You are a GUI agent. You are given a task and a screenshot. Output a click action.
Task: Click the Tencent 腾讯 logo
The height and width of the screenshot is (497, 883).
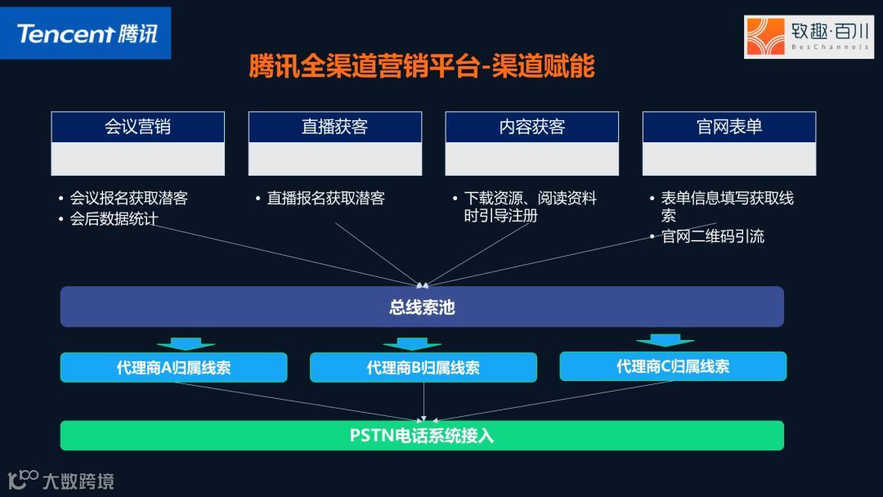(x=86, y=34)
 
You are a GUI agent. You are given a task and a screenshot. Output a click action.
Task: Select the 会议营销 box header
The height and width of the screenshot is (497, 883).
(x=137, y=127)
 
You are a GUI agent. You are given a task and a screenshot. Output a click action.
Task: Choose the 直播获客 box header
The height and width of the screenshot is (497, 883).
(x=334, y=127)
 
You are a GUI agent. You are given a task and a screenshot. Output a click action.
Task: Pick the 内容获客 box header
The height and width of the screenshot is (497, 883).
(x=531, y=127)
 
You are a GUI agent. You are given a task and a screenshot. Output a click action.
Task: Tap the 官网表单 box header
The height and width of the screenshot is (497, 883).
(x=728, y=127)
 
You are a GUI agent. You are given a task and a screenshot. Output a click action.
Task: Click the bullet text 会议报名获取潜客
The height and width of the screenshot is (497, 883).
(x=128, y=199)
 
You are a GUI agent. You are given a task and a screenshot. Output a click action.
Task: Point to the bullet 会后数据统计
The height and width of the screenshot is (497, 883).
(x=114, y=218)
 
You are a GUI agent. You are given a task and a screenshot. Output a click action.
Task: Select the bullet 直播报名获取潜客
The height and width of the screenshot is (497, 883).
(x=325, y=199)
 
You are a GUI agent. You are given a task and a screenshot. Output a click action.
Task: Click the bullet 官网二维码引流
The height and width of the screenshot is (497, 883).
(x=712, y=236)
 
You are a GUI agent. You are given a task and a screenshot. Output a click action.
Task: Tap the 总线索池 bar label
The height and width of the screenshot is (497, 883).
(x=422, y=307)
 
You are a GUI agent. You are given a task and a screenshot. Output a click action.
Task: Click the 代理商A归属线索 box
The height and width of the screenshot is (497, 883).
(x=173, y=368)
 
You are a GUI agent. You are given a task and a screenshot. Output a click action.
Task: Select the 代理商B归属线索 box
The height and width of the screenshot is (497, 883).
(x=423, y=368)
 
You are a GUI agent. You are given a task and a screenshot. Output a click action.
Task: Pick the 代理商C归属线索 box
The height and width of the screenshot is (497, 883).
(x=673, y=366)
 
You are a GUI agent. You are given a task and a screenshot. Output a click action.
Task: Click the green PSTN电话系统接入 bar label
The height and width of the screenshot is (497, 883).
(x=422, y=436)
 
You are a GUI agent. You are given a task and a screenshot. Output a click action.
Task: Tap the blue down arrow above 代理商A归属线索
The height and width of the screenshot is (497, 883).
(x=186, y=343)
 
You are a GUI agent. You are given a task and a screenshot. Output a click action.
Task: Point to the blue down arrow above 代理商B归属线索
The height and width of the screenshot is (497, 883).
(x=411, y=343)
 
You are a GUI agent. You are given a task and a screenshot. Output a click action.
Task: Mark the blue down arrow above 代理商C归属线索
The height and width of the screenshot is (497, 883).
(x=665, y=339)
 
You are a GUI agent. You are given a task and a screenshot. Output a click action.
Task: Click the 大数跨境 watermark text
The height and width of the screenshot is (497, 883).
(x=78, y=481)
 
